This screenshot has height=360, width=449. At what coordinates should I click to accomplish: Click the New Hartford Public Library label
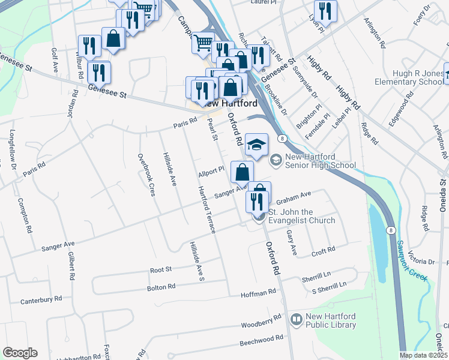(x=331, y=320)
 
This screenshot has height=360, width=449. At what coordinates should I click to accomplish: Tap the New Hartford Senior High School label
(x=321, y=161)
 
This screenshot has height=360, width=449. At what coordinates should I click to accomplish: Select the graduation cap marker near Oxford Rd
(x=256, y=145)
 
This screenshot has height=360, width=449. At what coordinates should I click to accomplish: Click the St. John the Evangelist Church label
(x=301, y=216)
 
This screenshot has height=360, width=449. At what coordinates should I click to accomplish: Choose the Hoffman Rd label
(x=258, y=292)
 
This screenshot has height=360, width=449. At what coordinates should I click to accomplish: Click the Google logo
(x=20, y=353)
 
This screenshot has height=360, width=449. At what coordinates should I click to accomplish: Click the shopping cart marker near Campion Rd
(x=203, y=43)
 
